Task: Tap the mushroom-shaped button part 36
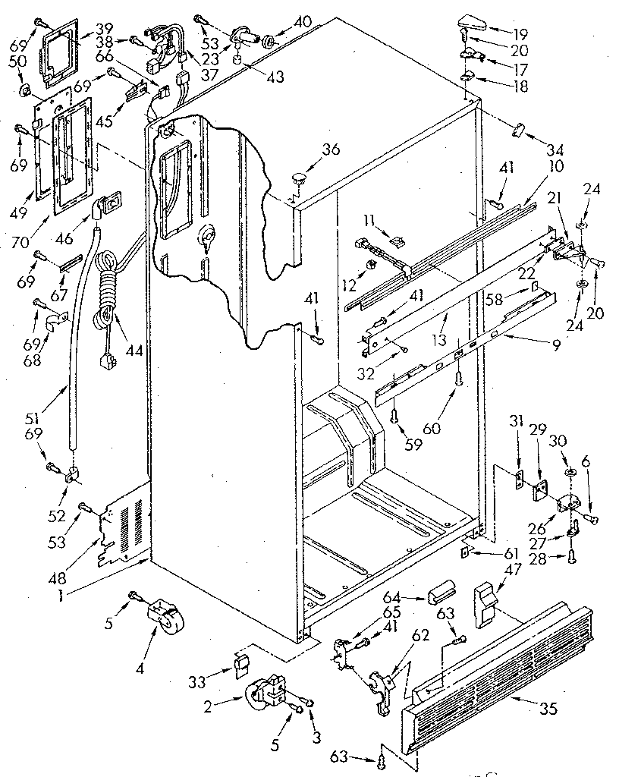298,179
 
